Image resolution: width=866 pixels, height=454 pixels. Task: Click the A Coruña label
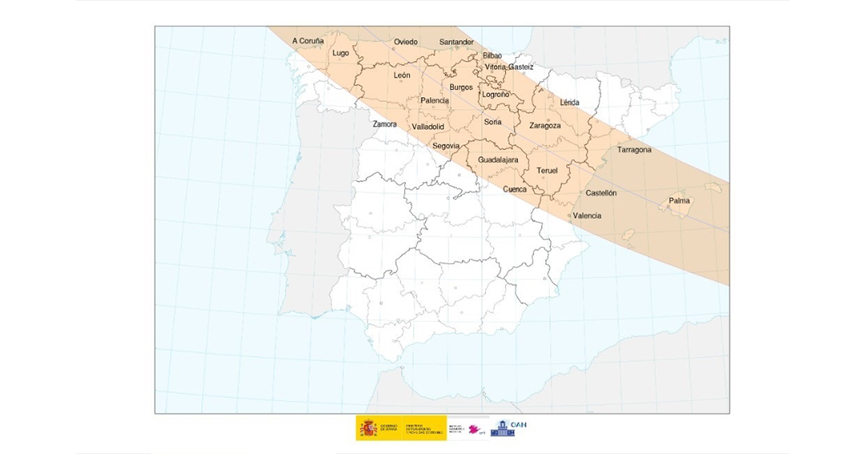click(308, 40)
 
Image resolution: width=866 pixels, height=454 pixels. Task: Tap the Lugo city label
click(341, 54)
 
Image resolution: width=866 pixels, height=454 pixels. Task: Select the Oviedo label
click(406, 42)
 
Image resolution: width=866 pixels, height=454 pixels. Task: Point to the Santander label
click(456, 42)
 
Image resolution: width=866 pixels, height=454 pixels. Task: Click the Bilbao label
click(492, 55)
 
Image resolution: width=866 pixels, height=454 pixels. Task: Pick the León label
click(403, 75)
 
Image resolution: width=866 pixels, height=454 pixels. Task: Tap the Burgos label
click(461, 87)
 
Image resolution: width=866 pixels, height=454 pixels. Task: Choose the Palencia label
click(435, 100)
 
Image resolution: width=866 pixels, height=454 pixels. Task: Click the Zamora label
click(385, 124)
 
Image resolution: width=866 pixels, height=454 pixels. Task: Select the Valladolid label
click(427, 127)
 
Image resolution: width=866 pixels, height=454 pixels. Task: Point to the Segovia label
click(446, 146)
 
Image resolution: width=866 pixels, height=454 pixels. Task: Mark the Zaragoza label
click(545, 125)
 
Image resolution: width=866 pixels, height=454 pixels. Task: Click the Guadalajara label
click(498, 160)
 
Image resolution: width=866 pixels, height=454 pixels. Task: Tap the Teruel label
click(547, 171)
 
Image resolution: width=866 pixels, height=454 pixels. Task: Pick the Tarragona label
click(634, 150)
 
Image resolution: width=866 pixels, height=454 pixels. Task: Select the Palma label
click(679, 201)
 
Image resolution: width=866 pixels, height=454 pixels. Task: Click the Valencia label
click(587, 216)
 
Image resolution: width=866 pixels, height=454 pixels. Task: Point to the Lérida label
click(570, 103)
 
